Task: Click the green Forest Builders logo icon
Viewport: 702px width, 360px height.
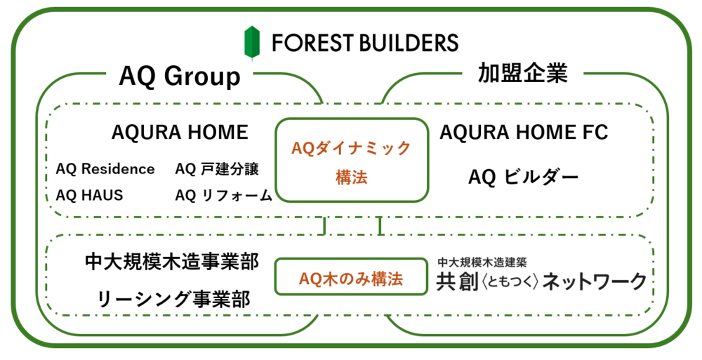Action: (251, 42)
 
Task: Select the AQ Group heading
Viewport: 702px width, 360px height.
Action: (180, 76)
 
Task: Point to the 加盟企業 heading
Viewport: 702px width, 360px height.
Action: (522, 73)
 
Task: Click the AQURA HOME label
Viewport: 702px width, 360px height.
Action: (180, 132)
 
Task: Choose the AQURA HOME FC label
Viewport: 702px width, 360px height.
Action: (524, 132)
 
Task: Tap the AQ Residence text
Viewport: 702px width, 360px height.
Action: (105, 169)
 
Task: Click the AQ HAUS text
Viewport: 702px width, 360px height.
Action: (89, 195)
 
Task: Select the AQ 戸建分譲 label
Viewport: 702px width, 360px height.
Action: (217, 169)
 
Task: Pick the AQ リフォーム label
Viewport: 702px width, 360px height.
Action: (224, 195)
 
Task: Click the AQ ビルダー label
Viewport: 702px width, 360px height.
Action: (524, 178)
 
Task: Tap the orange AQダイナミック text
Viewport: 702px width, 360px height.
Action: (351, 148)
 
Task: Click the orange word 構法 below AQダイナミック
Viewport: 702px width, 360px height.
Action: (352, 178)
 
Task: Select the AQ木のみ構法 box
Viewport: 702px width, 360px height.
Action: (351, 276)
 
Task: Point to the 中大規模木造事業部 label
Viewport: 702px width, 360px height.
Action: (172, 262)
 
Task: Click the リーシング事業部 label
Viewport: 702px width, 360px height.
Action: (173, 299)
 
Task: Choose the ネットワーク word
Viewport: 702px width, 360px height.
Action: (595, 282)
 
